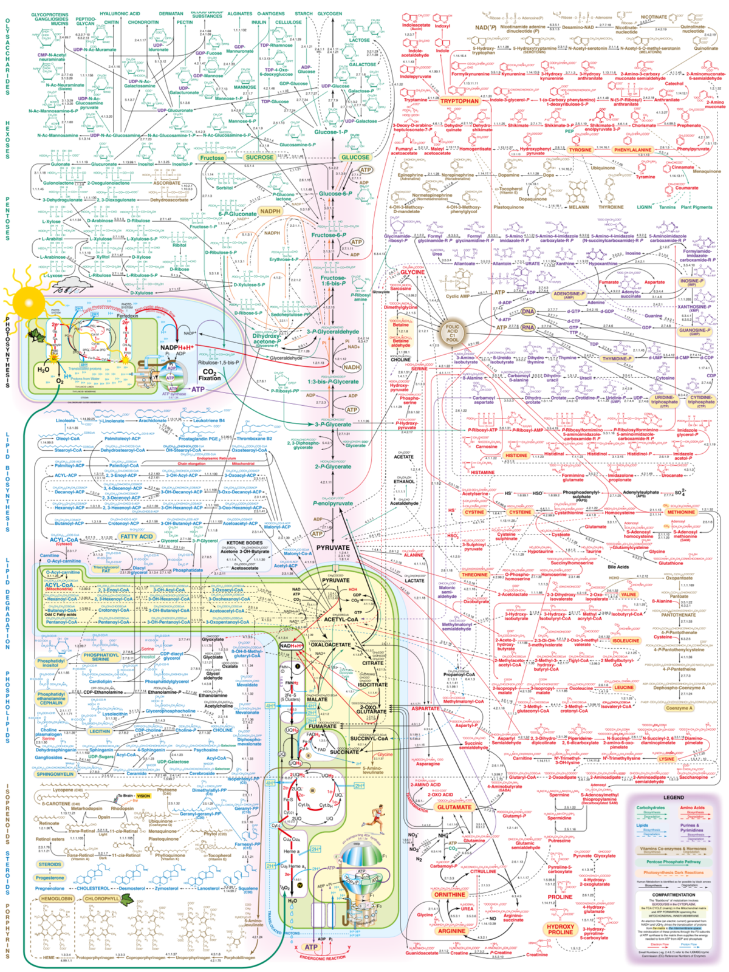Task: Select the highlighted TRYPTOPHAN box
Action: (459, 101)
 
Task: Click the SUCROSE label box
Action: (259, 157)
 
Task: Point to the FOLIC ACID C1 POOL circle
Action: (453, 332)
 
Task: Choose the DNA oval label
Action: (528, 311)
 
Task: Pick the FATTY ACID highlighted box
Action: (137, 536)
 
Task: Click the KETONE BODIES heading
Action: (245, 542)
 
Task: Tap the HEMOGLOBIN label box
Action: (56, 898)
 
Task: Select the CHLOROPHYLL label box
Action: (102, 898)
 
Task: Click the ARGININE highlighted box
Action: (451, 931)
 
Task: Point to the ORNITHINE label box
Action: (450, 894)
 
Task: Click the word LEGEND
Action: (674, 797)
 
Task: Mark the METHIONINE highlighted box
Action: (681, 512)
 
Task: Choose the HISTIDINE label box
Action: (516, 455)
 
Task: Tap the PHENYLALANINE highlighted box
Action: (632, 149)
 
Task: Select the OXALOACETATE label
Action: (331, 645)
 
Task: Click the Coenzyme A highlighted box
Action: (677, 708)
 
